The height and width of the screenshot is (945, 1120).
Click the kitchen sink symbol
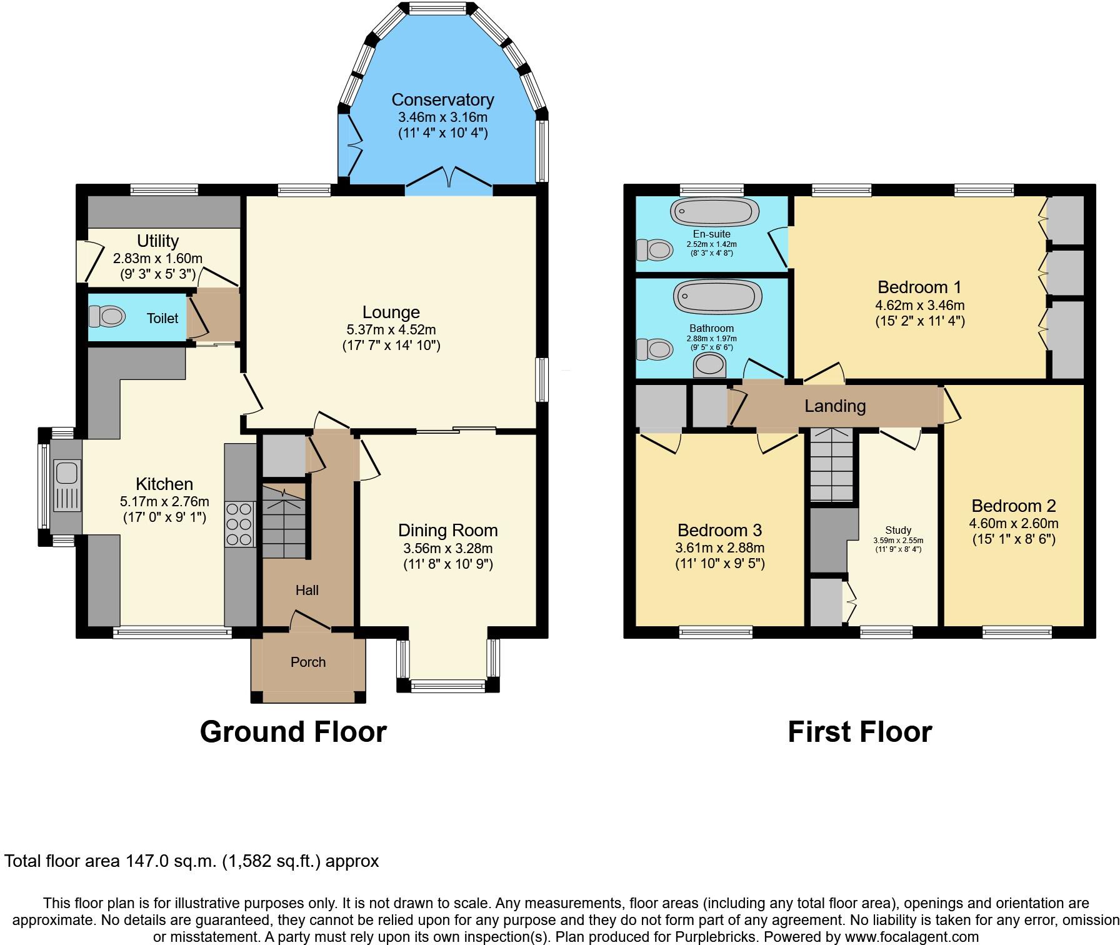click(x=67, y=486)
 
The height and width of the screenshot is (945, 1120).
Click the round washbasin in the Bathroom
click(x=711, y=364)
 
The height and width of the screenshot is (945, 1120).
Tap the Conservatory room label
click(x=442, y=100)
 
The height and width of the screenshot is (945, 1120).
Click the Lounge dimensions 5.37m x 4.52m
click(x=391, y=329)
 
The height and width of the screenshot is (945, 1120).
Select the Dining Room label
click(x=447, y=531)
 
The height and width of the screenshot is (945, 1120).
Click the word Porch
click(x=308, y=662)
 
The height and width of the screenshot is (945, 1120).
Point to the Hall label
click(x=307, y=590)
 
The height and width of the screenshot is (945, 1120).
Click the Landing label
click(x=835, y=406)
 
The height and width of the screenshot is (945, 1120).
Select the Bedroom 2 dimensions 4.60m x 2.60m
click(x=1013, y=523)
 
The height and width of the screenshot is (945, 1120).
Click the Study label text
click(x=898, y=530)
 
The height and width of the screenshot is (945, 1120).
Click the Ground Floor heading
click(x=293, y=732)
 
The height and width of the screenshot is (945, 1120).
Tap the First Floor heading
click(x=859, y=732)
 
